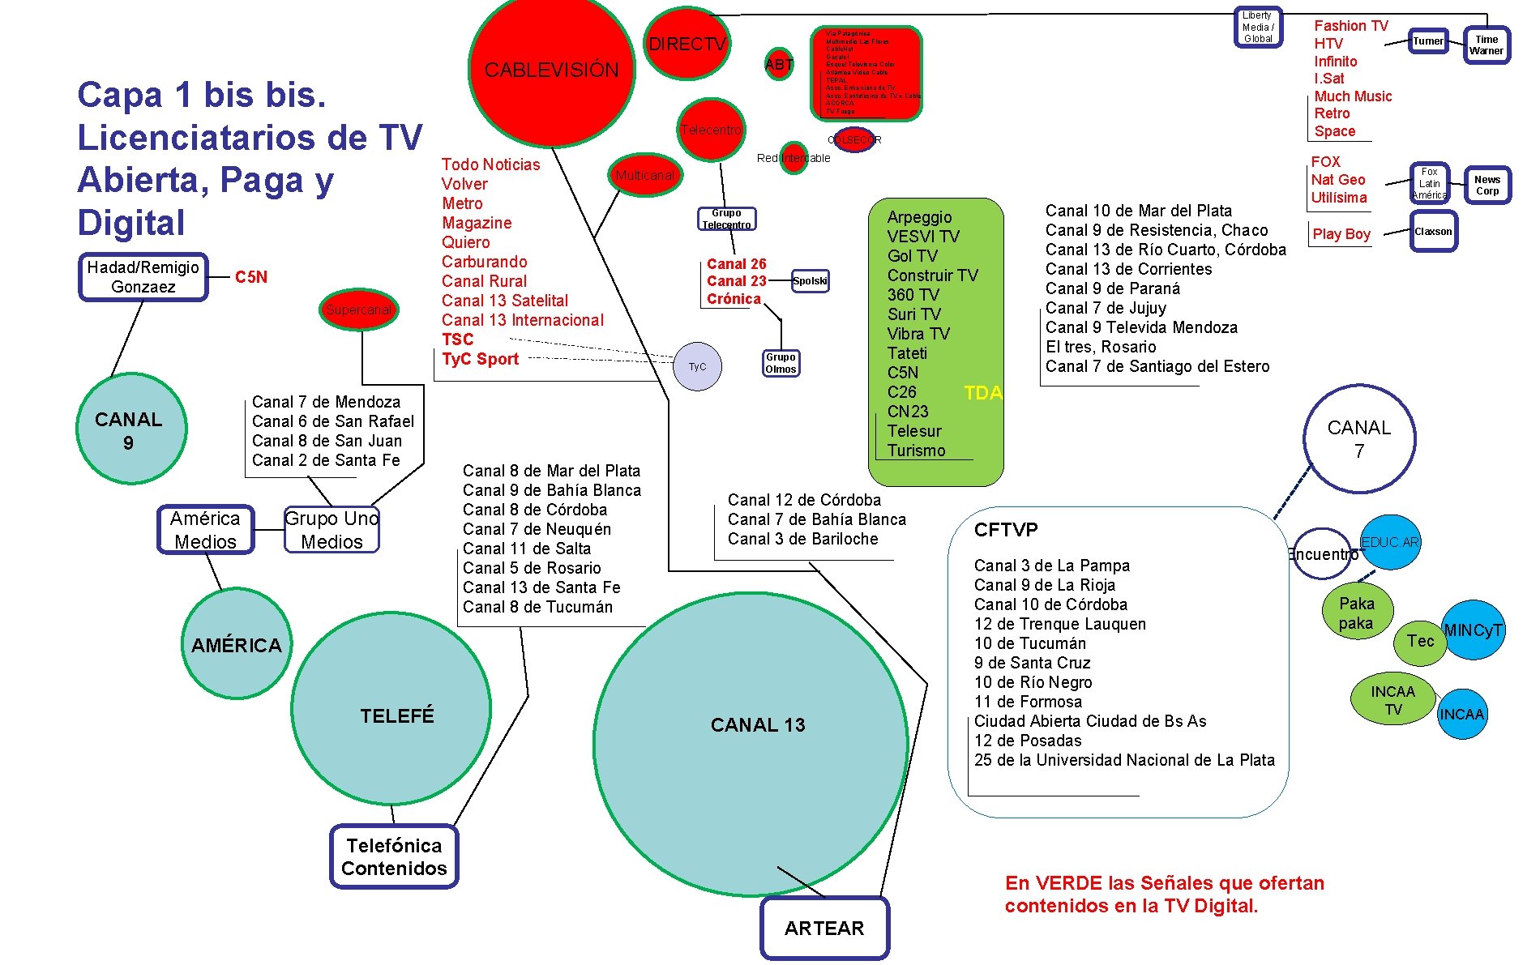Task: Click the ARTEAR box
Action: pyautogui.click(x=824, y=928)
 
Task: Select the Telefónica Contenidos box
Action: pyautogui.click(x=394, y=856)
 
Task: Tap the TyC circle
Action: pyautogui.click(x=697, y=366)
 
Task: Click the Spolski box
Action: pyautogui.click(x=810, y=281)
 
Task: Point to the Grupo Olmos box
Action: pyautogui.click(x=781, y=363)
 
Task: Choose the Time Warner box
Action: pyautogui.click(x=1487, y=45)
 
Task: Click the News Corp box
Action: pyautogui.click(x=1487, y=186)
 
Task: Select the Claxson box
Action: pyautogui.click(x=1433, y=232)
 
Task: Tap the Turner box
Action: pyautogui.click(x=1428, y=41)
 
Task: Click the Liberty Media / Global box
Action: pyautogui.click(x=1258, y=27)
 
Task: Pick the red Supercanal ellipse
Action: pyautogui.click(x=358, y=310)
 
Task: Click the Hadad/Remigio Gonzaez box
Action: pyautogui.click(x=143, y=277)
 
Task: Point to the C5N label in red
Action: pyautogui.click(x=251, y=277)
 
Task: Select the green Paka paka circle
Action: pyautogui.click(x=1357, y=612)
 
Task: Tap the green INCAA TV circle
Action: pyautogui.click(x=1392, y=700)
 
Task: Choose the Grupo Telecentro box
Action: pyautogui.click(x=727, y=219)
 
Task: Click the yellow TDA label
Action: pyautogui.click(x=983, y=393)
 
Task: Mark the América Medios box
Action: pyautogui.click(x=206, y=530)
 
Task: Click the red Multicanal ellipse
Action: pyautogui.click(x=644, y=175)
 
